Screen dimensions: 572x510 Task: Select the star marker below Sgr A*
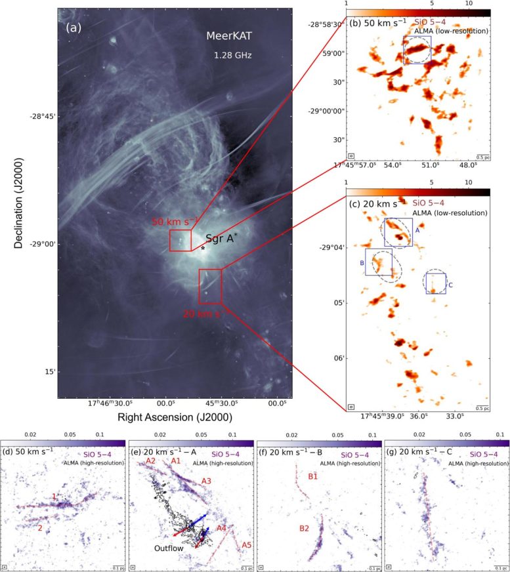[x=203, y=248]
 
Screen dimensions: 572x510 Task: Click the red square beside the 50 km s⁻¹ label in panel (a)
[x=180, y=240]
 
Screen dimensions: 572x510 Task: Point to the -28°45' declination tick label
[x=39, y=116]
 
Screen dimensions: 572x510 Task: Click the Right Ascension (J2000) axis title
[x=175, y=417]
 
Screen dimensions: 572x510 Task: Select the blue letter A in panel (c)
[x=417, y=231]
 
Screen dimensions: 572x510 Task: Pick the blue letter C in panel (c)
[x=450, y=285]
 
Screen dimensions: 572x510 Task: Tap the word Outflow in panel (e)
[x=168, y=548]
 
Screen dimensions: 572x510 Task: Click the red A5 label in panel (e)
[x=246, y=545]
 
